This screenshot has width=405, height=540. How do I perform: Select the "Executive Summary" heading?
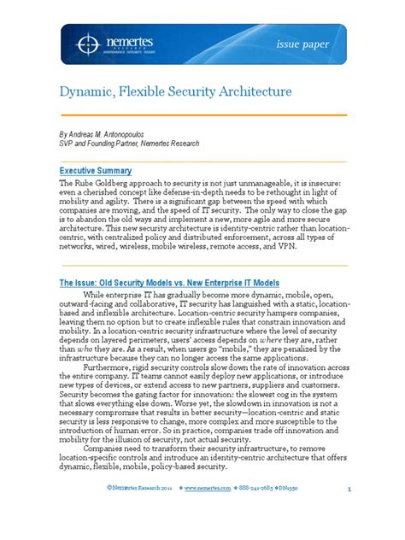click(94, 171)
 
